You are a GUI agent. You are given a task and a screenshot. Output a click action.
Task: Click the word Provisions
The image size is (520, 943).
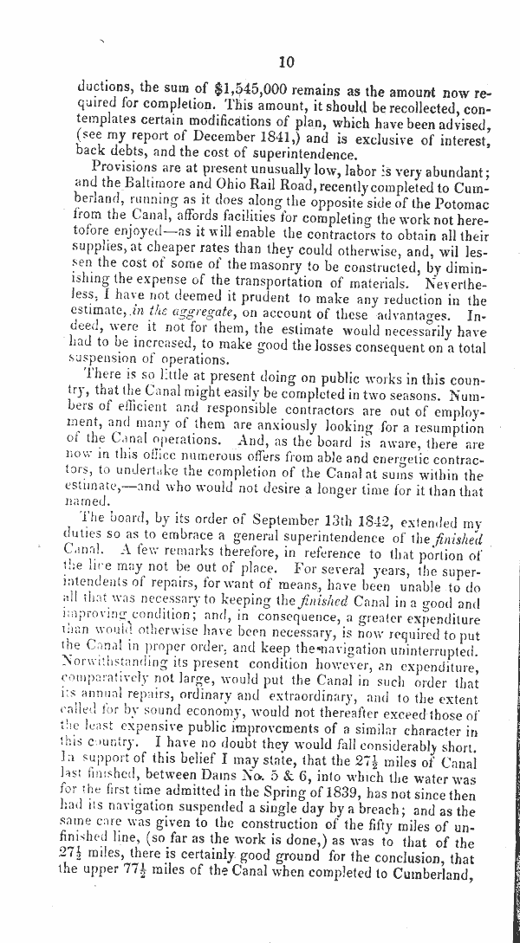point(127,167)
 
